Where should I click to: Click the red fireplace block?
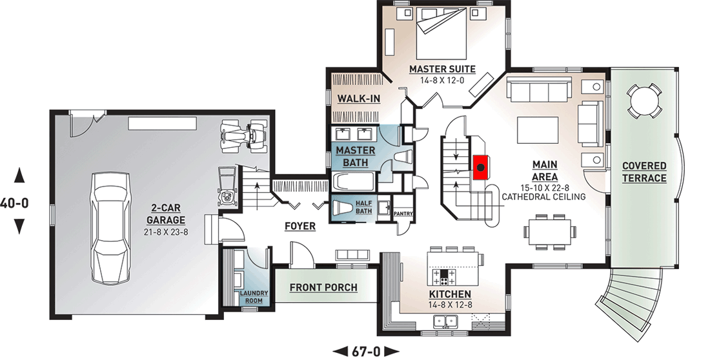point(480,167)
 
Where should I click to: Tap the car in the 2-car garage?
point(110,227)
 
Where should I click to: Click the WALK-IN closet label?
point(359,98)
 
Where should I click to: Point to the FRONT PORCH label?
point(324,288)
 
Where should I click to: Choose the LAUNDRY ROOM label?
point(254,297)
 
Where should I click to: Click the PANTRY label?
point(402,213)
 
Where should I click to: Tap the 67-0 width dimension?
point(366,351)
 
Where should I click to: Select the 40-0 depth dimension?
point(14,203)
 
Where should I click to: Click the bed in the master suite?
point(441,30)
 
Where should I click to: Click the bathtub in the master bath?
point(354,181)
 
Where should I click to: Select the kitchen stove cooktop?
point(445,275)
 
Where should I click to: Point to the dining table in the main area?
point(550,232)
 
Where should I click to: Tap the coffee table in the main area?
point(538,130)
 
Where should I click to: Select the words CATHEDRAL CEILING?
point(543,197)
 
